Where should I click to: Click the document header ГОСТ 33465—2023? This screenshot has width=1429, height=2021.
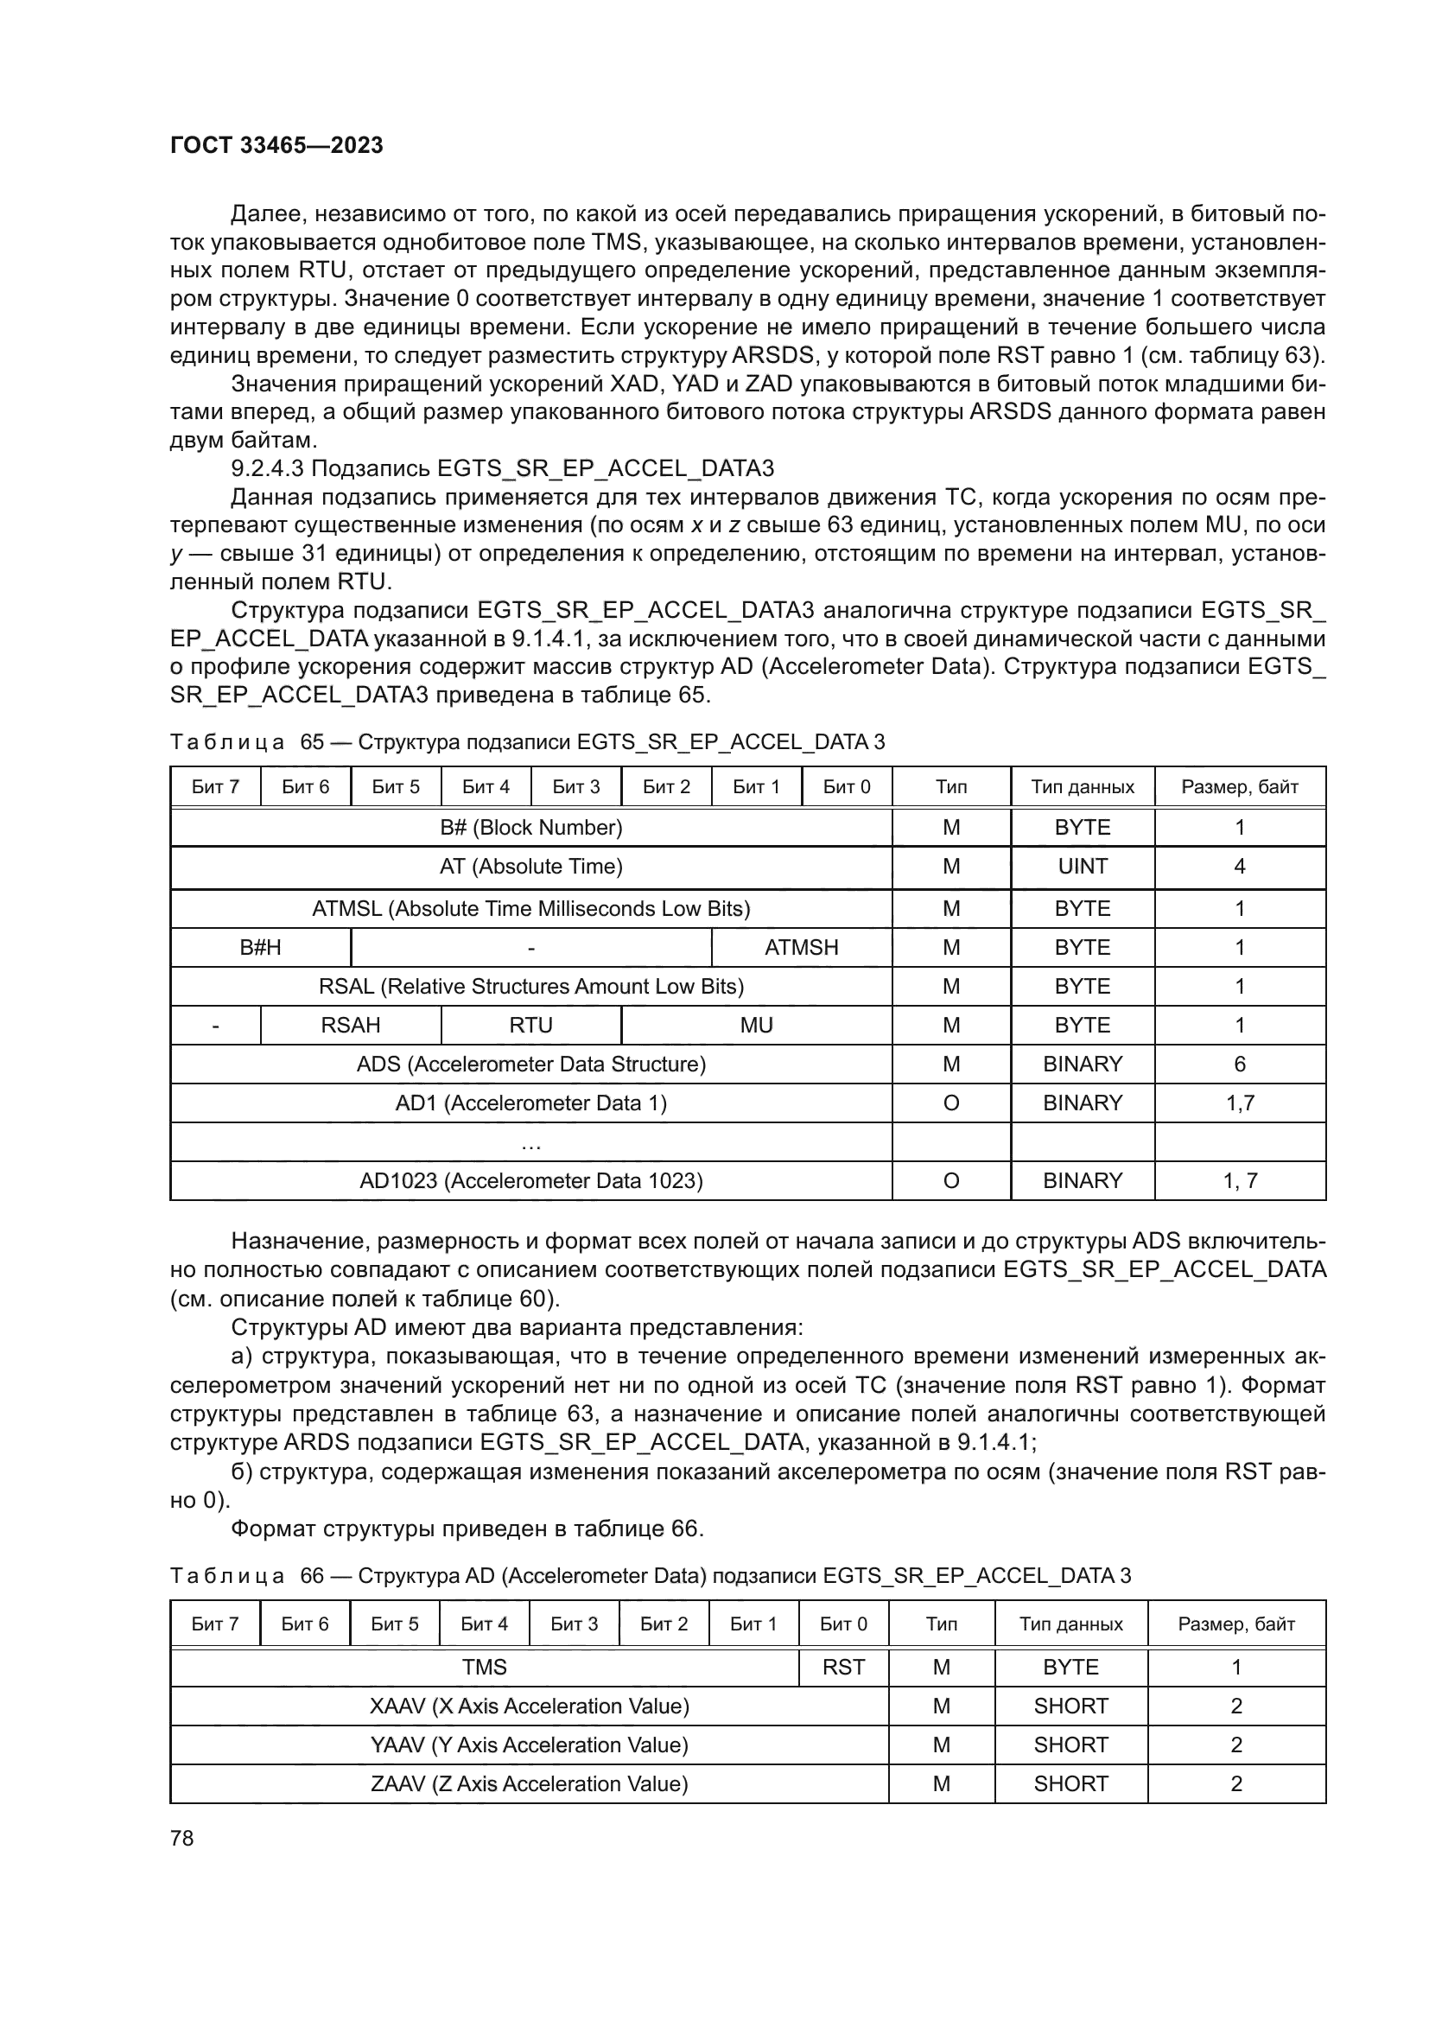coord(276,145)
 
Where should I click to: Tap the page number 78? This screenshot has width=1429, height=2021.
coord(182,1838)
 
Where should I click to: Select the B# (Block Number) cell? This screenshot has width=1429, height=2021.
coord(530,828)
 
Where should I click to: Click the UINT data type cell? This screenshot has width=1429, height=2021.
coord(1083,866)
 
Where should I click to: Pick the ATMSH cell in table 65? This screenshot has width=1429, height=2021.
coord(801,947)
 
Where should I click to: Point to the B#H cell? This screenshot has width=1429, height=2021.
coord(260,947)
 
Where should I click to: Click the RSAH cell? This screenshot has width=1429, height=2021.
coord(350,1025)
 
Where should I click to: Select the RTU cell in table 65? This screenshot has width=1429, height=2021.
coord(530,1025)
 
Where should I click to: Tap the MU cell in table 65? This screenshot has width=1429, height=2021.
coord(756,1025)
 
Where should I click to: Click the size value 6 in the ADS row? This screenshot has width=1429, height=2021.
coord(1239,1064)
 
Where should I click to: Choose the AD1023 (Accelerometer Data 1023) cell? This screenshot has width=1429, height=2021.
coord(530,1180)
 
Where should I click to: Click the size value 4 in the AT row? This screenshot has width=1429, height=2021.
coord(1239,866)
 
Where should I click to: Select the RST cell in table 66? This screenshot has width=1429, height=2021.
coord(843,1667)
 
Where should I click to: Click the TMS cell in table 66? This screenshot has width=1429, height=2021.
coord(484,1667)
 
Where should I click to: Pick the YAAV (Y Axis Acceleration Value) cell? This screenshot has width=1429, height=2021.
coord(529,1745)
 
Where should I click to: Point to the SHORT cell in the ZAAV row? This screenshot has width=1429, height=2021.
coord(1070,1783)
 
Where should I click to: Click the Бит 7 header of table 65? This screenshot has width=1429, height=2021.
coord(215,786)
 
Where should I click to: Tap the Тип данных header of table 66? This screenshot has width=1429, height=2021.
coord(1070,1624)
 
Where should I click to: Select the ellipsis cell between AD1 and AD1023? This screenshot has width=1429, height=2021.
coord(530,1142)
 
